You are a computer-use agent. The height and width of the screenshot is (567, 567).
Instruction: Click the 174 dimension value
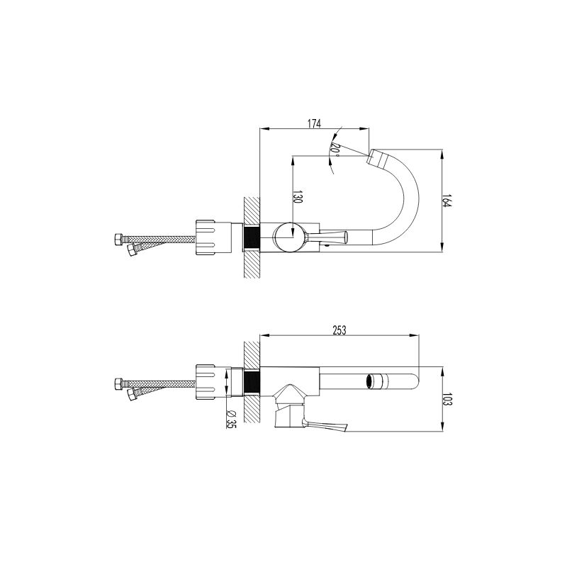click(x=314, y=123)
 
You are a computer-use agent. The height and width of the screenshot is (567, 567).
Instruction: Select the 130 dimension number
click(x=296, y=197)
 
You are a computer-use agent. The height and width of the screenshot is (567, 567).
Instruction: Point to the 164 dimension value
click(x=447, y=201)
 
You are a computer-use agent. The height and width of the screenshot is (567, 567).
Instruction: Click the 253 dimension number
click(x=339, y=330)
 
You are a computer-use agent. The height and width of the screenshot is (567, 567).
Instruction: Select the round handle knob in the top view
click(x=290, y=236)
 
